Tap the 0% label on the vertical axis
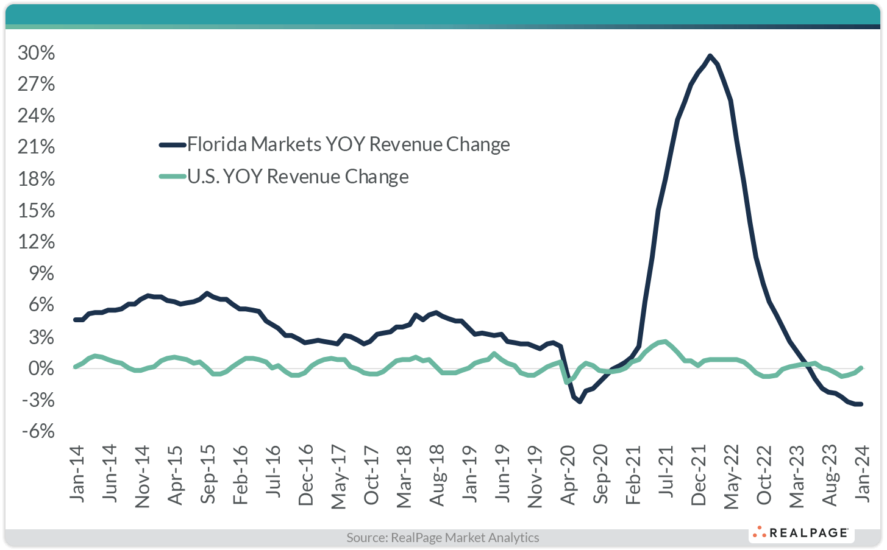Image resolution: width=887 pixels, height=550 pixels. (41, 368)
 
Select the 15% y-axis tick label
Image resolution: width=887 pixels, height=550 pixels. (37, 211)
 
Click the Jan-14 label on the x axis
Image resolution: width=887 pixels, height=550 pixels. (78, 474)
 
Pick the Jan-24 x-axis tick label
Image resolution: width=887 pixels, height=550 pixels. (861, 474)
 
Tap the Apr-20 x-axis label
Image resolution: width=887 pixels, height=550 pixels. (568, 475)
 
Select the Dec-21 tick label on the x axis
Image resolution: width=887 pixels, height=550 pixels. (699, 475)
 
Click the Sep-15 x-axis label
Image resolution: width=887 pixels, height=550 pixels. (208, 475)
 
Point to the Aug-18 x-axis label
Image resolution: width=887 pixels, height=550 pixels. (437, 475)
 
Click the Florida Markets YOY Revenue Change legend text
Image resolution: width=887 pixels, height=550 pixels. (348, 144)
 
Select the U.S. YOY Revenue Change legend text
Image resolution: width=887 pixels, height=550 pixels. (297, 177)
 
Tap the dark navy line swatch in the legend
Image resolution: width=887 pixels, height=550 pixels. (172, 144)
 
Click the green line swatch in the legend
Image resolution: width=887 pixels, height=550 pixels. (172, 177)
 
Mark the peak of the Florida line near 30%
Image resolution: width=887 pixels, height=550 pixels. (710, 55)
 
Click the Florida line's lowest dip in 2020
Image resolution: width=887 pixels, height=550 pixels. (580, 401)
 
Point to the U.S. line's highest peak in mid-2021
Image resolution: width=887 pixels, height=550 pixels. (664, 342)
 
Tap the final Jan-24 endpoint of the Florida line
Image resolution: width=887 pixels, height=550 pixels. (860, 404)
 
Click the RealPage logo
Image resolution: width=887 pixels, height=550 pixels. (802, 533)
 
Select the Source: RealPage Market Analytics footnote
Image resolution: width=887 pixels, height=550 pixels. (443, 537)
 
